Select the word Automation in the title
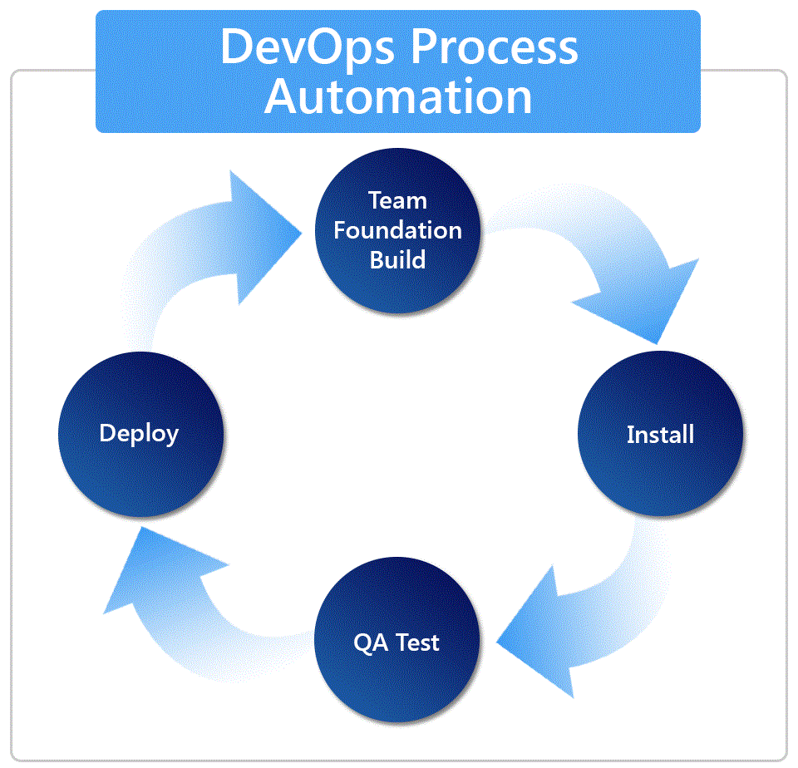pyautogui.click(x=398, y=96)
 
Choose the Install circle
pyautogui.click(x=659, y=435)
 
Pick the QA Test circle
pyautogui.click(x=397, y=642)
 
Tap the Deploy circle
pyautogui.click(x=139, y=433)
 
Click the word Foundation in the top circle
pyautogui.click(x=398, y=229)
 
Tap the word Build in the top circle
pyautogui.click(x=398, y=258)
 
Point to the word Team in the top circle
pyautogui.click(x=398, y=200)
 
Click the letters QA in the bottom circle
pyautogui.click(x=368, y=642)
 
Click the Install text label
pyautogui.click(x=660, y=435)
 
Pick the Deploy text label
pyautogui.click(x=139, y=433)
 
